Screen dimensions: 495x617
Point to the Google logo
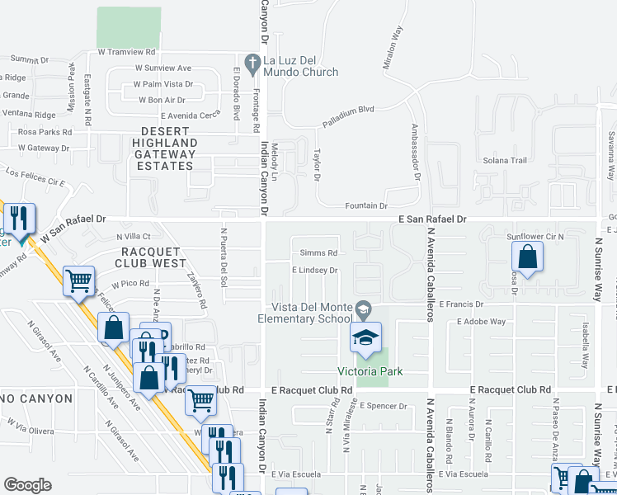point(27,484)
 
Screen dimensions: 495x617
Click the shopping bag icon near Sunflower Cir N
point(528,257)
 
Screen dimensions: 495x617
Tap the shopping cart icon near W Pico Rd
point(79,280)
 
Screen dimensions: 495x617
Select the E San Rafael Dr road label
point(433,219)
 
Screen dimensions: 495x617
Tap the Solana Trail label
point(504,161)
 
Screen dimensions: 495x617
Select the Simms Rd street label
point(318,252)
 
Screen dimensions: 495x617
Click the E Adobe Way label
point(483,321)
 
